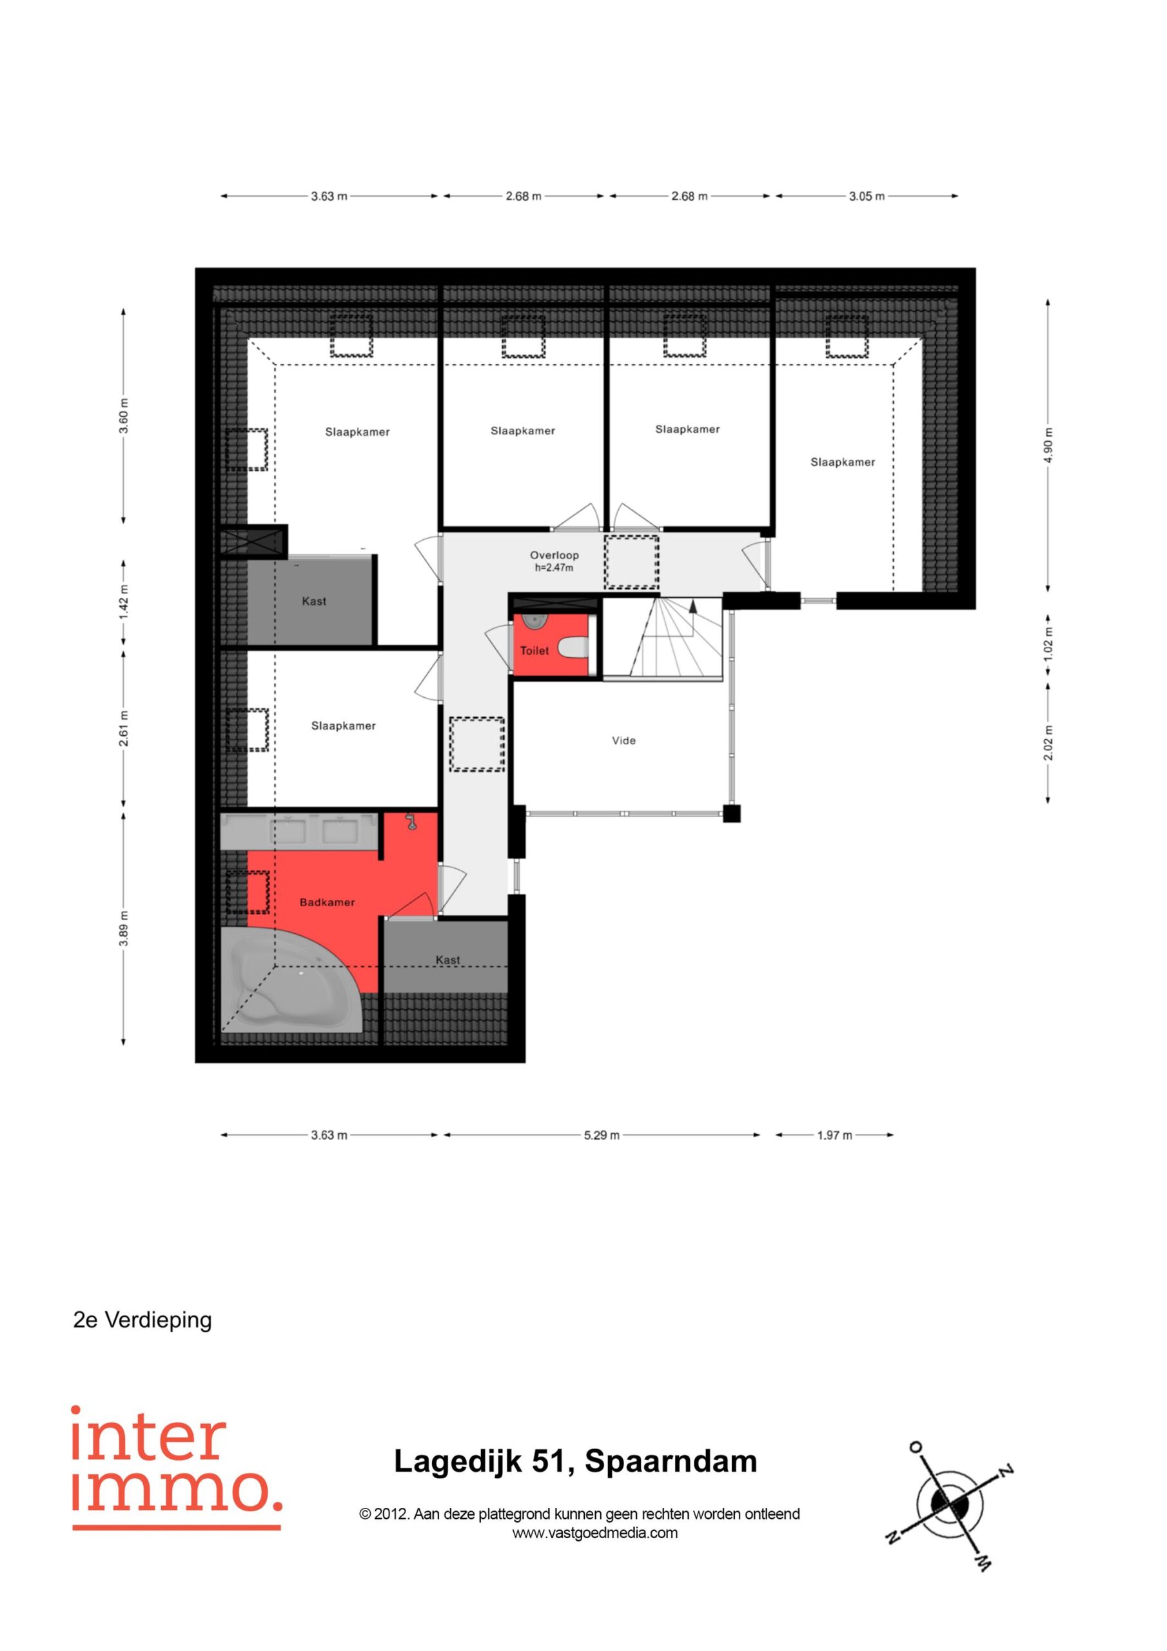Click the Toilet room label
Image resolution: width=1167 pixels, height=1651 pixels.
(534, 651)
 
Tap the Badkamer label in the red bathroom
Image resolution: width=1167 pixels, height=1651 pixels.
(327, 902)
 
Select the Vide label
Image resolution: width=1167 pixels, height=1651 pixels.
(623, 740)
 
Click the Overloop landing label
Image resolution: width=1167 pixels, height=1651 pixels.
(554, 555)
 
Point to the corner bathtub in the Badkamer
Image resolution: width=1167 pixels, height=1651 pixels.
(291, 980)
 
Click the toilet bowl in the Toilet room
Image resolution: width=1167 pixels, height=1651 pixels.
(573, 649)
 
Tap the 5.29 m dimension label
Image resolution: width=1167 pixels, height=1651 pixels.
(601, 1136)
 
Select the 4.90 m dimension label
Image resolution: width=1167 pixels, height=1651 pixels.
(1048, 446)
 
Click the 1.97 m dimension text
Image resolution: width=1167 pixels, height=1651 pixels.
(834, 1136)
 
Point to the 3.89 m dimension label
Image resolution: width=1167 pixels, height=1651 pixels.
(124, 929)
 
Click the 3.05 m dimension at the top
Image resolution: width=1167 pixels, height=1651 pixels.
(867, 196)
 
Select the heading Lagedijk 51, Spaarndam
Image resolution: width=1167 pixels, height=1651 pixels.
(575, 1462)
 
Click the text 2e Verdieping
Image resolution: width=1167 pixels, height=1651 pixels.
(142, 1320)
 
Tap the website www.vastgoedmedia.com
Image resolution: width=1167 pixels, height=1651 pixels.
(594, 1532)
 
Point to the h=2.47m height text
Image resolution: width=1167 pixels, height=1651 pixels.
(554, 568)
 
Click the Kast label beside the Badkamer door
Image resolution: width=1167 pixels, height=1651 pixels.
(447, 960)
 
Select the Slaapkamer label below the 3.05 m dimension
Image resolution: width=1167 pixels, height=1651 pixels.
(843, 462)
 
